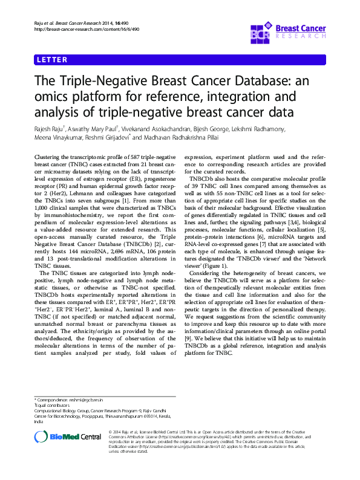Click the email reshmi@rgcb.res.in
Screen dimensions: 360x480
point(88,401)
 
